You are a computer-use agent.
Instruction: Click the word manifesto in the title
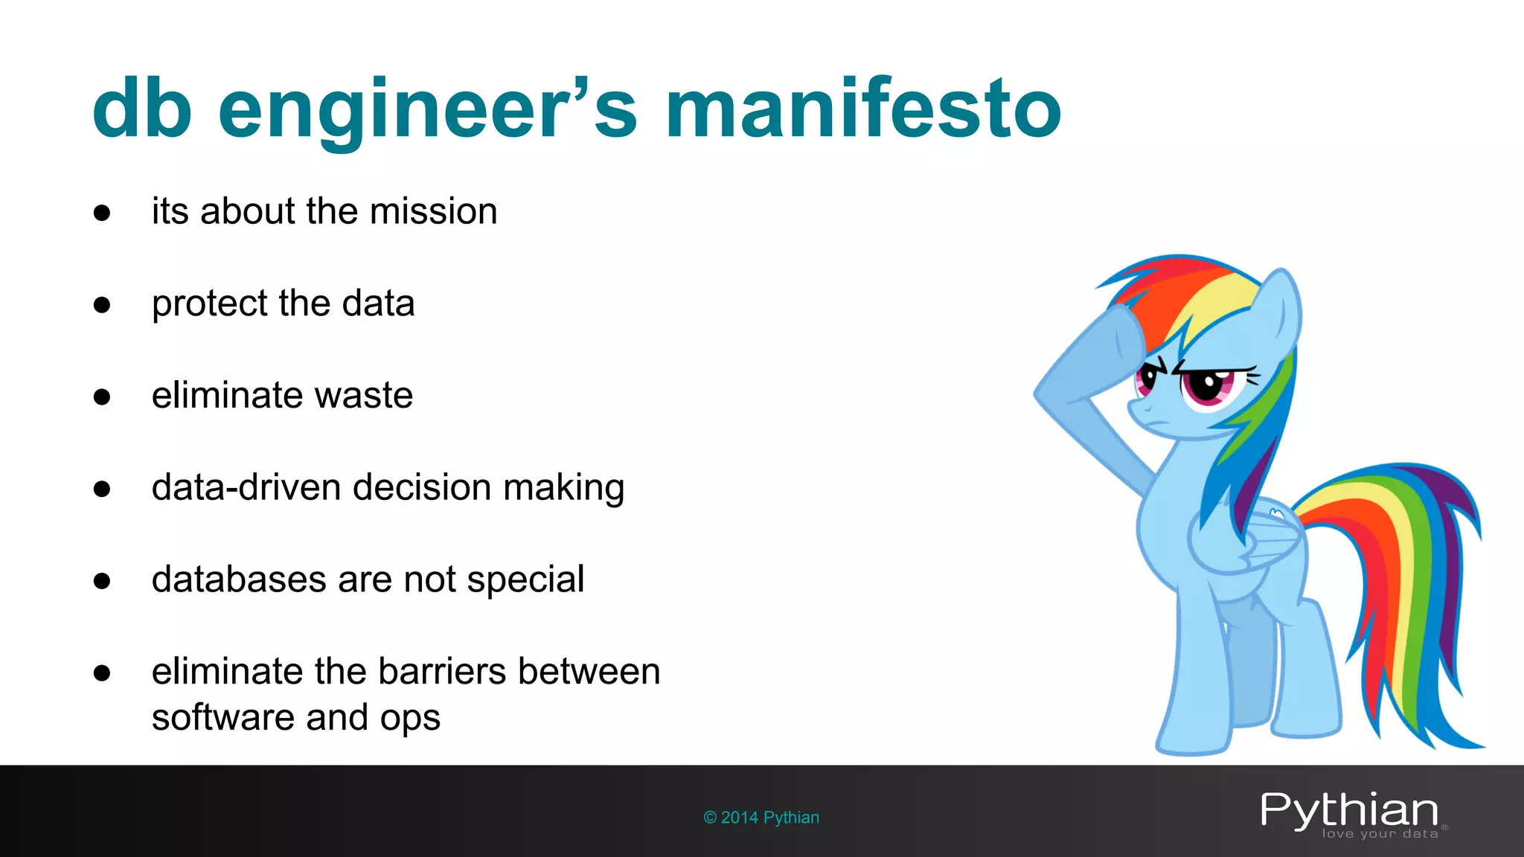click(x=863, y=109)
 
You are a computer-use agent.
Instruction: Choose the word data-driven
click(x=246, y=487)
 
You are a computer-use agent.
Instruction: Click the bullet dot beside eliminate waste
click(x=102, y=397)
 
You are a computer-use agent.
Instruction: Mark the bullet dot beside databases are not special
click(x=102, y=581)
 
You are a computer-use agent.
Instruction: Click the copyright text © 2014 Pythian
click(x=761, y=818)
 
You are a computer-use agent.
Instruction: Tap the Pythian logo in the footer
click(x=1349, y=810)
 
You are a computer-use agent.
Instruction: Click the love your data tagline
click(x=1380, y=834)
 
